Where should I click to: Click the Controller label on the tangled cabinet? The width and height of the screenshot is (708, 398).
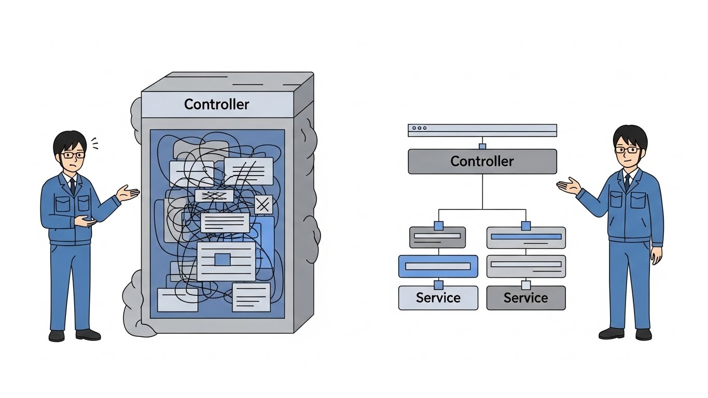(217, 104)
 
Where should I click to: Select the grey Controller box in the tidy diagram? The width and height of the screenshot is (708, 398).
(482, 161)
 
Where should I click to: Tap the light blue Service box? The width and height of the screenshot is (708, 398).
(438, 298)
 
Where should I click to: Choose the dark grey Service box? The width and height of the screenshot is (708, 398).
(525, 298)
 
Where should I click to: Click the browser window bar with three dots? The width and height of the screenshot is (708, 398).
(482, 130)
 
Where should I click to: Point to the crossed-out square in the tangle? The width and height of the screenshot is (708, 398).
(263, 205)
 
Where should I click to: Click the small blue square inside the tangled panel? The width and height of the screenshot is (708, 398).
(222, 260)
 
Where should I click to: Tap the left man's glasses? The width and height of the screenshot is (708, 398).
(73, 154)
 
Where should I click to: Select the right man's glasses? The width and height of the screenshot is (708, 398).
(628, 150)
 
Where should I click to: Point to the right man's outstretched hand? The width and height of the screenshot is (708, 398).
(568, 185)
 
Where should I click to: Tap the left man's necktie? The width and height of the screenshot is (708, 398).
(73, 185)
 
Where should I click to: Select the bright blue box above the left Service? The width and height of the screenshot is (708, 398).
(438, 266)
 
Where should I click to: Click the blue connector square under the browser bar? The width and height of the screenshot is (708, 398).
(482, 146)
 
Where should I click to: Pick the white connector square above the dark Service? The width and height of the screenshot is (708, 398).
(526, 285)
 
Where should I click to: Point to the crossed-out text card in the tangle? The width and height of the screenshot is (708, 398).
(214, 196)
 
